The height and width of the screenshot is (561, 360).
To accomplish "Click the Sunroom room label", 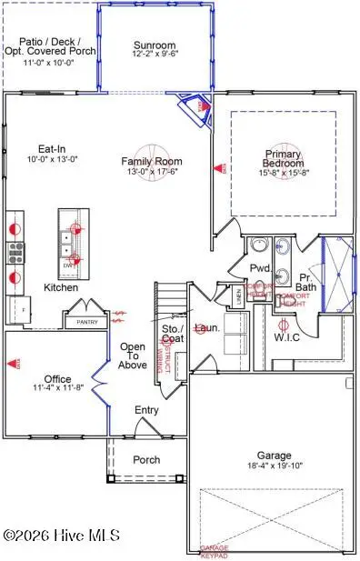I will coord(155,45).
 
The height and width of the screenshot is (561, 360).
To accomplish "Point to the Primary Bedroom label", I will coord(283,159).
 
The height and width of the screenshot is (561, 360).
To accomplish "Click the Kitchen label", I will coord(61,287).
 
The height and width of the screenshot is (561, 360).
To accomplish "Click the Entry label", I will coord(145,411).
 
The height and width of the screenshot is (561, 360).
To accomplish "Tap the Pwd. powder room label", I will coord(257,268).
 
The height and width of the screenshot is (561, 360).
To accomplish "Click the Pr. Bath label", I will coord(305,280).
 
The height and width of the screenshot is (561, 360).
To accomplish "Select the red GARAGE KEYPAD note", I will coord(215,548).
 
